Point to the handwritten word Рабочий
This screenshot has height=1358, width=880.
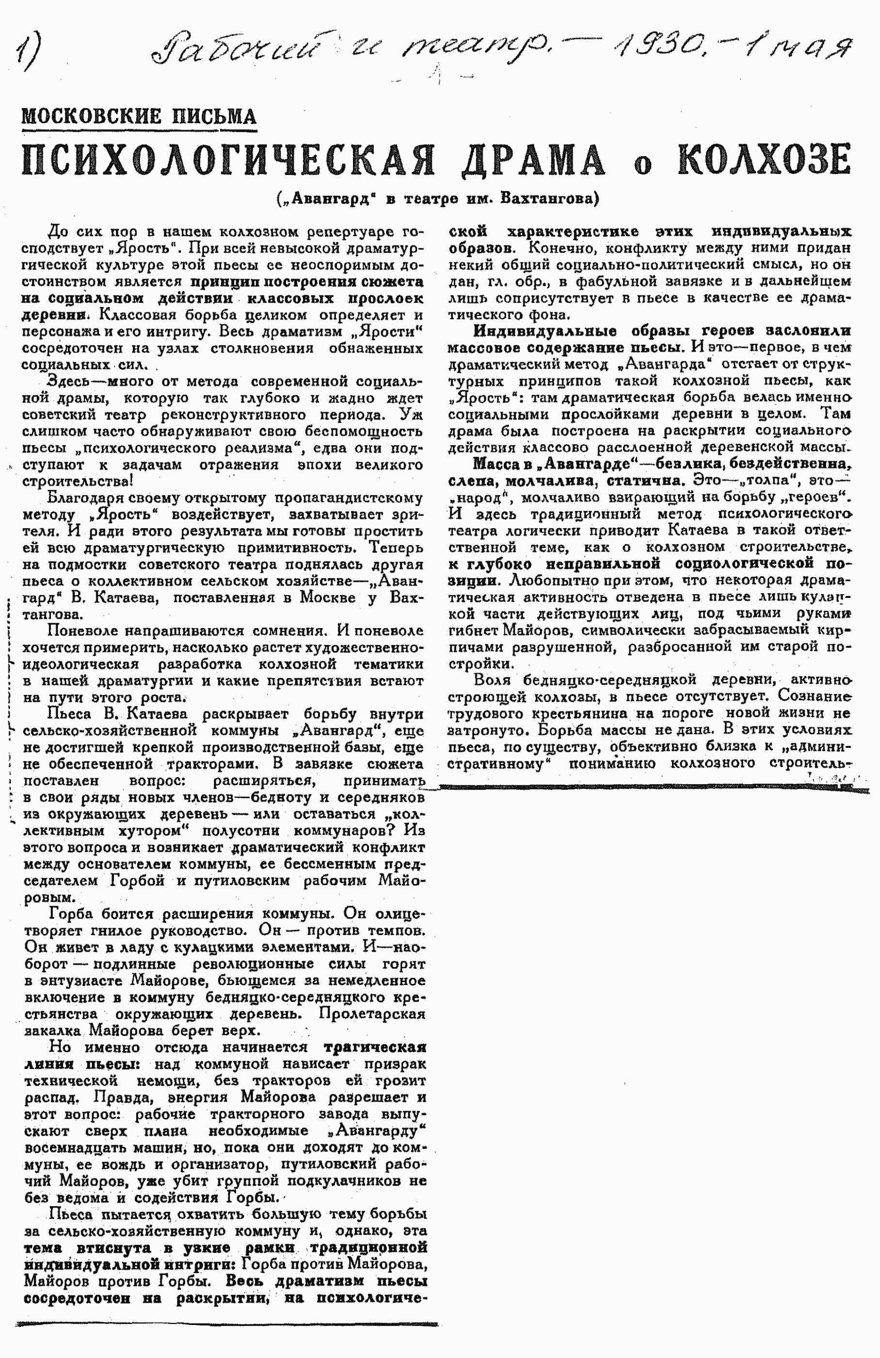pos(234,54)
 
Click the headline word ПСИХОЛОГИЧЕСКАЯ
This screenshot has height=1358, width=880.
pos(228,161)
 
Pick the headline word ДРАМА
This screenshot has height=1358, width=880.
pos(533,161)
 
